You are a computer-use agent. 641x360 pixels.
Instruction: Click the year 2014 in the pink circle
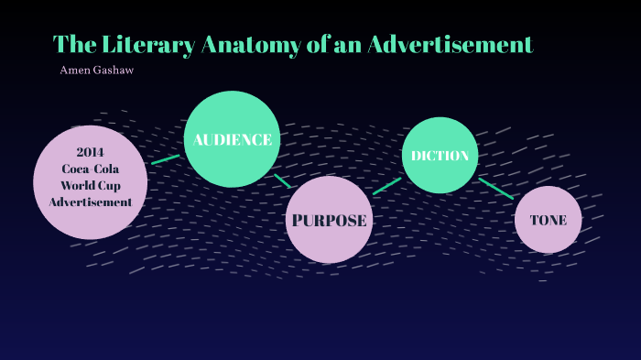(x=91, y=152)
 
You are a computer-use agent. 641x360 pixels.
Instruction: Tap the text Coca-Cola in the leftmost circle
(x=91, y=169)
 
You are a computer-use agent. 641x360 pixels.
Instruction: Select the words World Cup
(x=91, y=185)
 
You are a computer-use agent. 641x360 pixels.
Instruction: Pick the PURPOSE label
(x=329, y=220)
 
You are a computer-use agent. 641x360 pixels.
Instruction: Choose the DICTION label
(x=440, y=156)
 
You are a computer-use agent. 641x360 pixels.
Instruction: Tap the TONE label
(x=548, y=220)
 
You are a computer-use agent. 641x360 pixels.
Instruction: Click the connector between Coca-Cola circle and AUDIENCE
(x=166, y=159)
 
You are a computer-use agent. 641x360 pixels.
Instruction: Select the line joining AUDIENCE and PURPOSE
(x=282, y=180)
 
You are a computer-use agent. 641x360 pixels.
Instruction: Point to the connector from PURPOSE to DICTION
(x=387, y=186)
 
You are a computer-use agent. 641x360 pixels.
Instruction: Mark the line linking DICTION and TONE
(x=496, y=188)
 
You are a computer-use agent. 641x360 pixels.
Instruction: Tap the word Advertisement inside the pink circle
(x=91, y=202)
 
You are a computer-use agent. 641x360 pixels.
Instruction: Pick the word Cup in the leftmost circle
(x=109, y=185)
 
